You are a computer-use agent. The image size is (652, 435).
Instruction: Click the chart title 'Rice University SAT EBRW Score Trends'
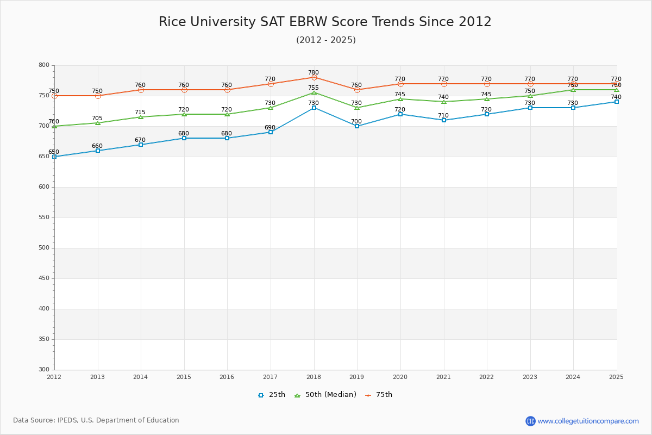click(x=325, y=22)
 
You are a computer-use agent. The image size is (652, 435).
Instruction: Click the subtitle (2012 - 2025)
click(x=325, y=40)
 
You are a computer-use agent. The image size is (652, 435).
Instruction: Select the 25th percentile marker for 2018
click(x=314, y=108)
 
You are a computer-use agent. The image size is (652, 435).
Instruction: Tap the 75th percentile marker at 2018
click(x=314, y=77)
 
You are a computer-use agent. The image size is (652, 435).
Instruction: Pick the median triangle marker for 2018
click(x=314, y=92)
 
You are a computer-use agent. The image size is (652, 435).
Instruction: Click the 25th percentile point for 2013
click(x=98, y=151)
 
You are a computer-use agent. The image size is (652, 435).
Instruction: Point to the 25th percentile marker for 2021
click(x=444, y=120)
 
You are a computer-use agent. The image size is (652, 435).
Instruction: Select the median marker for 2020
click(x=400, y=99)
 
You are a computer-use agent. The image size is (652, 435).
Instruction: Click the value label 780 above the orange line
click(x=314, y=72)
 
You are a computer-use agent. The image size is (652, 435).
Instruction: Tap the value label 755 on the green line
click(x=314, y=88)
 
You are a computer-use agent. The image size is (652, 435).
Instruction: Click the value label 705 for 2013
click(x=97, y=118)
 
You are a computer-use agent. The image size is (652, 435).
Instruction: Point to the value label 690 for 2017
click(x=270, y=127)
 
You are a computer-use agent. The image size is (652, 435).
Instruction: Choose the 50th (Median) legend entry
click(x=325, y=395)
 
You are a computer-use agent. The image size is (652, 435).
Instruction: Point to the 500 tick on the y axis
click(x=43, y=248)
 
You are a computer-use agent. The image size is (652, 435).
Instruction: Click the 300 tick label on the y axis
click(x=43, y=370)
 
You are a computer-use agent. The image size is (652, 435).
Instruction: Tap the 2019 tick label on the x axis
click(x=357, y=377)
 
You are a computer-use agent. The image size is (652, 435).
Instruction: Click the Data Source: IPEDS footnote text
click(x=96, y=420)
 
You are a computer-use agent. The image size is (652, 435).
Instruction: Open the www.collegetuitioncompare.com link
click(x=588, y=421)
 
